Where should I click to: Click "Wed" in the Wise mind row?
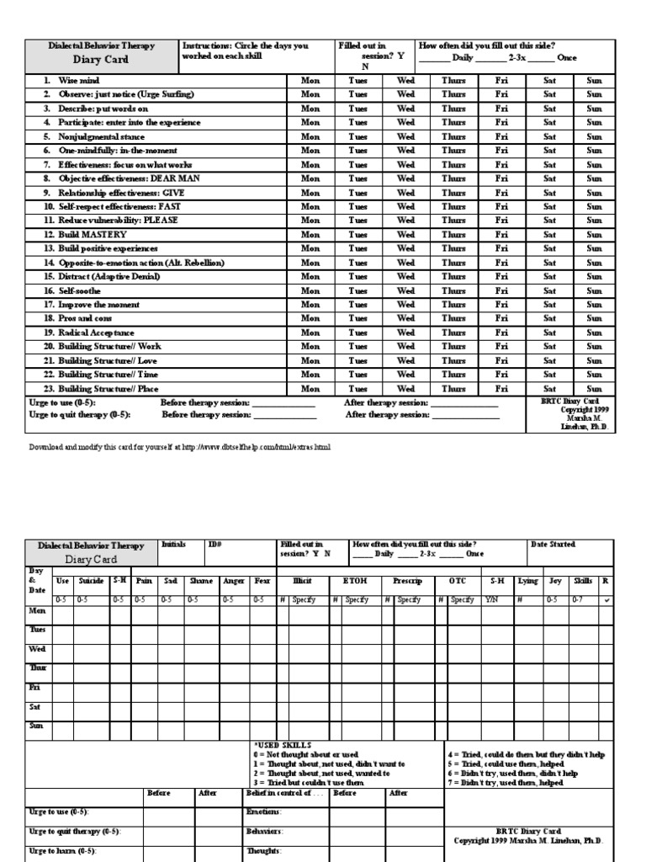pyautogui.click(x=405, y=81)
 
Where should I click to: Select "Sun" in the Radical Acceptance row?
pyautogui.click(x=594, y=333)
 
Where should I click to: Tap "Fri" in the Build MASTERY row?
pyautogui.click(x=501, y=235)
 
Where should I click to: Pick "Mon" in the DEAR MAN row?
pyautogui.click(x=310, y=178)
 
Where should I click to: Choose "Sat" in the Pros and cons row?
pyautogui.click(x=549, y=319)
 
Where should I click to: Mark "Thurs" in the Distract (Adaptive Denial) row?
pyautogui.click(x=453, y=277)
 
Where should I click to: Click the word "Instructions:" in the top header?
pyautogui.click(x=206, y=45)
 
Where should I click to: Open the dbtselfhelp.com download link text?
pyautogui.click(x=180, y=447)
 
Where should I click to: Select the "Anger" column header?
pyautogui.click(x=233, y=581)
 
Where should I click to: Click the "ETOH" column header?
pyautogui.click(x=355, y=581)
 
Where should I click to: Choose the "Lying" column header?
pyautogui.click(x=527, y=581)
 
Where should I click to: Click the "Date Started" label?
pyautogui.click(x=553, y=545)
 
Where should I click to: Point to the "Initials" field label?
pyautogui.click(x=173, y=545)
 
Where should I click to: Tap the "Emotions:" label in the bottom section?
pyautogui.click(x=263, y=811)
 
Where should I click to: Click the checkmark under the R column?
pyautogui.click(x=607, y=599)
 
